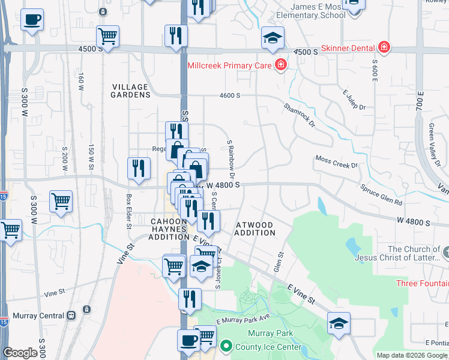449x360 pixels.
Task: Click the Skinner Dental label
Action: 348,47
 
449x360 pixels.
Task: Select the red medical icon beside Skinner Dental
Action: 384,47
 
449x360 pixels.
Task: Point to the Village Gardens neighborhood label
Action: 131,91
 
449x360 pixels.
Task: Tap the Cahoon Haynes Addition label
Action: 169,229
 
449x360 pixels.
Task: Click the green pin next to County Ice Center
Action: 226,346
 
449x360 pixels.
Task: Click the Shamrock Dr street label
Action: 300,115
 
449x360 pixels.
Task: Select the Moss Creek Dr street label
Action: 336,162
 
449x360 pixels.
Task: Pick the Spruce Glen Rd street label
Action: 381,196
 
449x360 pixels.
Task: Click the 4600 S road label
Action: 230,95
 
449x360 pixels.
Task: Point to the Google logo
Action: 20,353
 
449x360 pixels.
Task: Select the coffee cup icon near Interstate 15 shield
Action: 32,19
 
